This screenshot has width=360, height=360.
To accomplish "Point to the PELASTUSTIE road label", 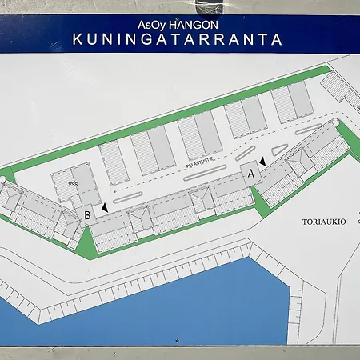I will tap(203, 162).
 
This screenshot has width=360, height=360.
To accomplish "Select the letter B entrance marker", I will tap(86, 214).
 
